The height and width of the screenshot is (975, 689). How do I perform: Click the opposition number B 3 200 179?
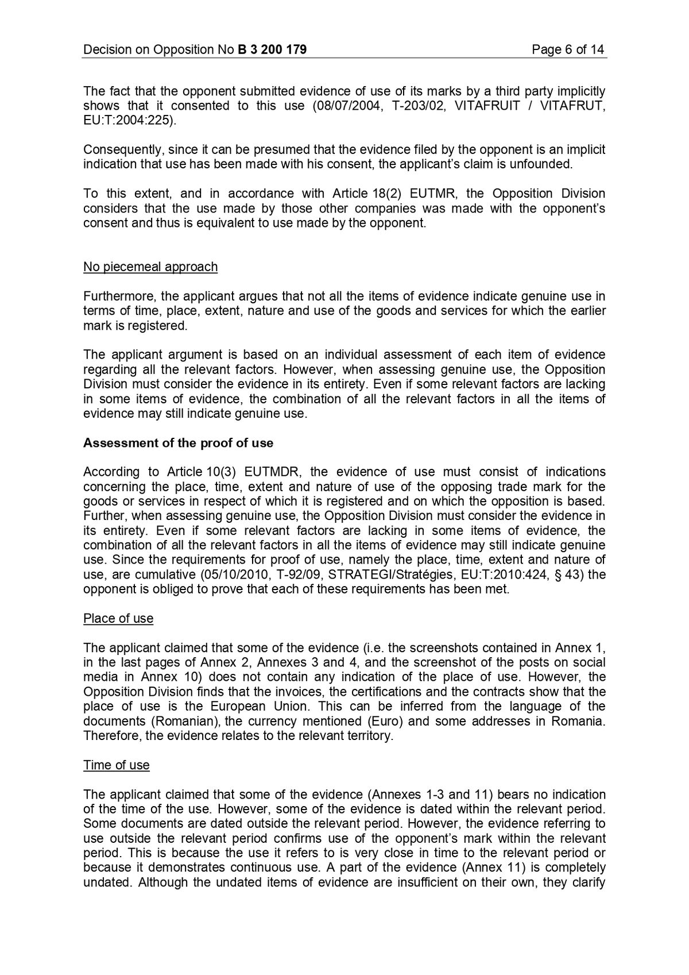tap(272, 50)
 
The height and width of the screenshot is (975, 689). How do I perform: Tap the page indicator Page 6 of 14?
tap(568, 50)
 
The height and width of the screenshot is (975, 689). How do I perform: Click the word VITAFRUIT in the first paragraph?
tap(487, 106)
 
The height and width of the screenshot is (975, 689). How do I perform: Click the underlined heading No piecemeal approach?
tap(150, 267)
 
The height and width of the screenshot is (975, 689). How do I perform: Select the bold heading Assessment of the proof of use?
tap(178, 443)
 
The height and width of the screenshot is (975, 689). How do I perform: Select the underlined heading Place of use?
tap(118, 619)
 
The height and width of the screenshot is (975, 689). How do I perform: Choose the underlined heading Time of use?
tap(117, 765)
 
